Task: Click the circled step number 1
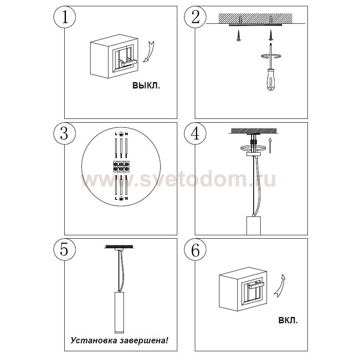pos(65,17)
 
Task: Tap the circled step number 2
pos(195,17)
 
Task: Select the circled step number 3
pos(65,133)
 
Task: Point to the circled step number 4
pos(195,133)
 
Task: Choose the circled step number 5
pos(65,249)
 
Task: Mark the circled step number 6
pos(195,249)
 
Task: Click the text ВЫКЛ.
pos(146,86)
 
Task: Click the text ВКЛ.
pos(288,320)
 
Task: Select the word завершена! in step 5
pos(143,340)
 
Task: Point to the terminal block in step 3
pos(121,166)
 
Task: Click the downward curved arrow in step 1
pos(149,52)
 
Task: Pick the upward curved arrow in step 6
pos(280,285)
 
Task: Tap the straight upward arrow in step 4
pos(270,145)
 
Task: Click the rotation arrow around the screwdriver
pos(271,56)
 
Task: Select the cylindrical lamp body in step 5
pos(119,312)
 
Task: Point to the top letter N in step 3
pos(126,134)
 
